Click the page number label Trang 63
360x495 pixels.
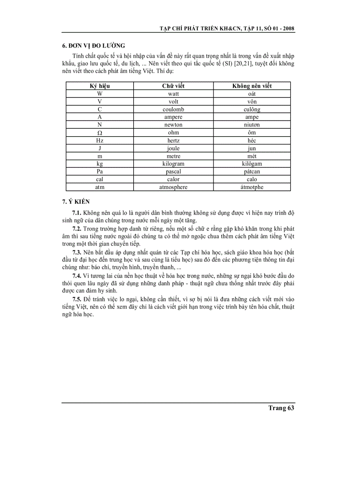[281, 408]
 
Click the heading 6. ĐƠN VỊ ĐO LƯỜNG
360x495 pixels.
[94, 45]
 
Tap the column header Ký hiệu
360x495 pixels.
[100, 86]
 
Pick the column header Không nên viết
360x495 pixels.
[252, 86]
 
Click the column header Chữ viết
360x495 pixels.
[173, 86]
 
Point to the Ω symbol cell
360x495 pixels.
[100, 133]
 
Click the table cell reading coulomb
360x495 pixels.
[173, 109]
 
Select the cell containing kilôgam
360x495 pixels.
[252, 164]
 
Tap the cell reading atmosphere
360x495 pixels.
[173, 187]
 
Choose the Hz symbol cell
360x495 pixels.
[100, 140]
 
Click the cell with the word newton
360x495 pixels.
[173, 125]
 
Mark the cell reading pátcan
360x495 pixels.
[252, 171]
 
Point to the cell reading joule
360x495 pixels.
[173, 148]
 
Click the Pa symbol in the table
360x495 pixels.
[100, 171]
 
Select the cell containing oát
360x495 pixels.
[252, 94]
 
